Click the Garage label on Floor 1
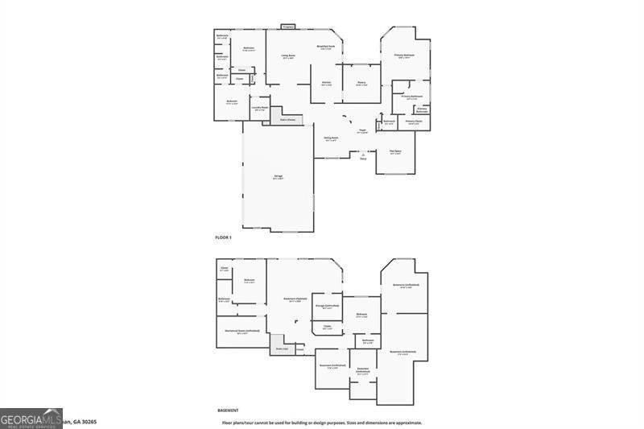click(278, 178)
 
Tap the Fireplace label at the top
click(288, 27)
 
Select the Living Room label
click(287, 56)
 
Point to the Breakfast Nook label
click(326, 47)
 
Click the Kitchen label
click(327, 83)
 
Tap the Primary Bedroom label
click(404, 55)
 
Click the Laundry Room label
click(259, 108)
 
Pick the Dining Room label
click(331, 138)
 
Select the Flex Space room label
click(395, 151)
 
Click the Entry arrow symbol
click(363, 154)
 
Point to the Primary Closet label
click(413, 122)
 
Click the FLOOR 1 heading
click(223, 237)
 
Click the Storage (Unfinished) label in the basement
click(327, 306)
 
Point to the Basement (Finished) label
click(295, 299)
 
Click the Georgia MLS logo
click(31, 418)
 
